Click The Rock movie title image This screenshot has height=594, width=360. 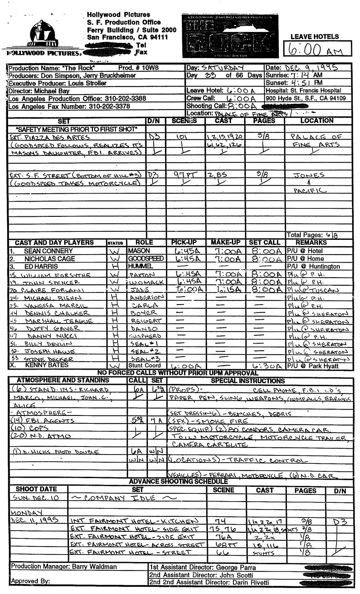point(230,36)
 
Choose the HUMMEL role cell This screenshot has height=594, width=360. point(139,267)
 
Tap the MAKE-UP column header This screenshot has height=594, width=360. point(226,242)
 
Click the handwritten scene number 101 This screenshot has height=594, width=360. point(182,137)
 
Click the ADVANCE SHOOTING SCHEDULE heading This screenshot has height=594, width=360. point(178,481)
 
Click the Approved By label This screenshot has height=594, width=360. point(30,581)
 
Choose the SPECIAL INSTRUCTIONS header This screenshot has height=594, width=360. point(247,381)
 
